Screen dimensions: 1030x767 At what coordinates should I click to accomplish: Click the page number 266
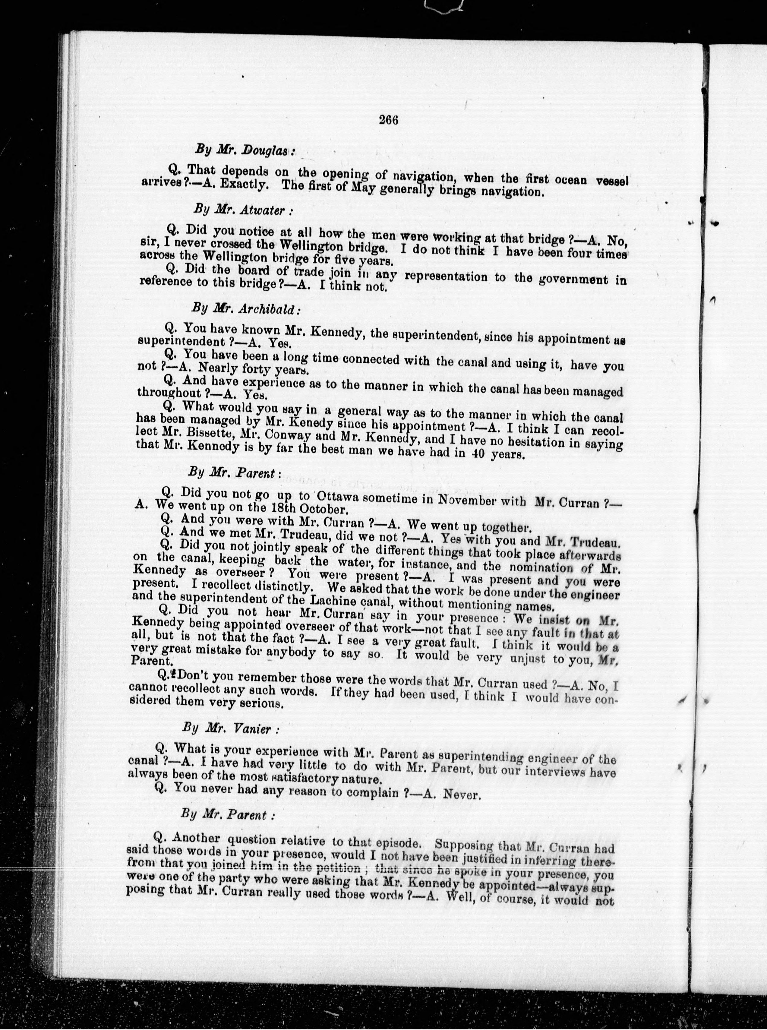pos(389,120)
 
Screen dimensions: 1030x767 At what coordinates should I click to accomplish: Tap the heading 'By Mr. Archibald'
pos(246,308)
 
